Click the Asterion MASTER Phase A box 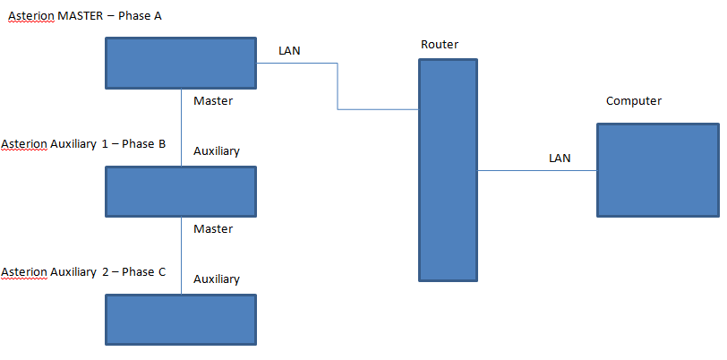point(181,63)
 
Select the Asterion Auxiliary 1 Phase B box point(181,192)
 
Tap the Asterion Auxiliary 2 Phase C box point(181,320)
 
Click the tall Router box point(448,170)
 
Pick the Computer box point(658,170)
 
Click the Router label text point(439,45)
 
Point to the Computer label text point(634,101)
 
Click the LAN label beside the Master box point(289,51)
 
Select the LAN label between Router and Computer point(560,159)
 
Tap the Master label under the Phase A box point(213,101)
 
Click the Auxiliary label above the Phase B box point(217,151)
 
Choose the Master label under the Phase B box point(213,229)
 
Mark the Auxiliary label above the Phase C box point(217,279)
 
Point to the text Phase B point(143,144)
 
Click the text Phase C point(143,272)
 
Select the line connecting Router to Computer point(537,170)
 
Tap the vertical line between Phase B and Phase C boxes point(182,255)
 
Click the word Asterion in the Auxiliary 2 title point(23,272)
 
